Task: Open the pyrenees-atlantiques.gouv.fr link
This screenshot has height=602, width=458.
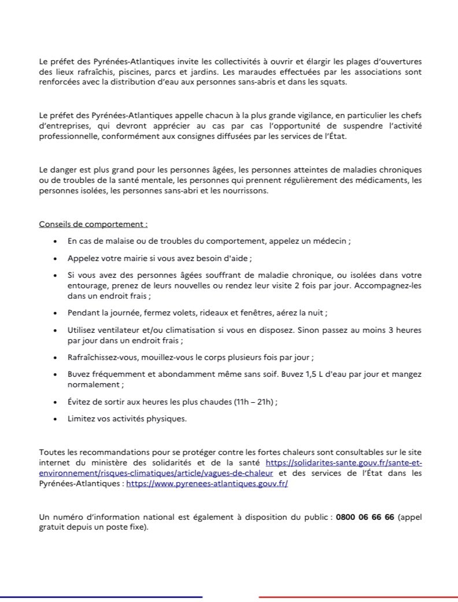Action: [x=206, y=484]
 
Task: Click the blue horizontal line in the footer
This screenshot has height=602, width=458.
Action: [x=101, y=596]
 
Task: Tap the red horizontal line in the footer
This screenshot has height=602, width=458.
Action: [x=358, y=596]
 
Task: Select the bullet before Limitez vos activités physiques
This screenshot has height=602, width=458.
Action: [x=54, y=420]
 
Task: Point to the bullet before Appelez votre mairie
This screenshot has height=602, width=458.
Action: [x=54, y=258]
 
